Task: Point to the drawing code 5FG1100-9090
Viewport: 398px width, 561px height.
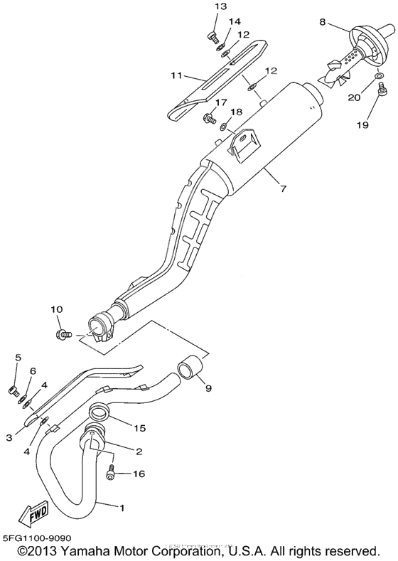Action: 36,540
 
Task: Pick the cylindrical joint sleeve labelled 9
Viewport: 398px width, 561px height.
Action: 189,369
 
